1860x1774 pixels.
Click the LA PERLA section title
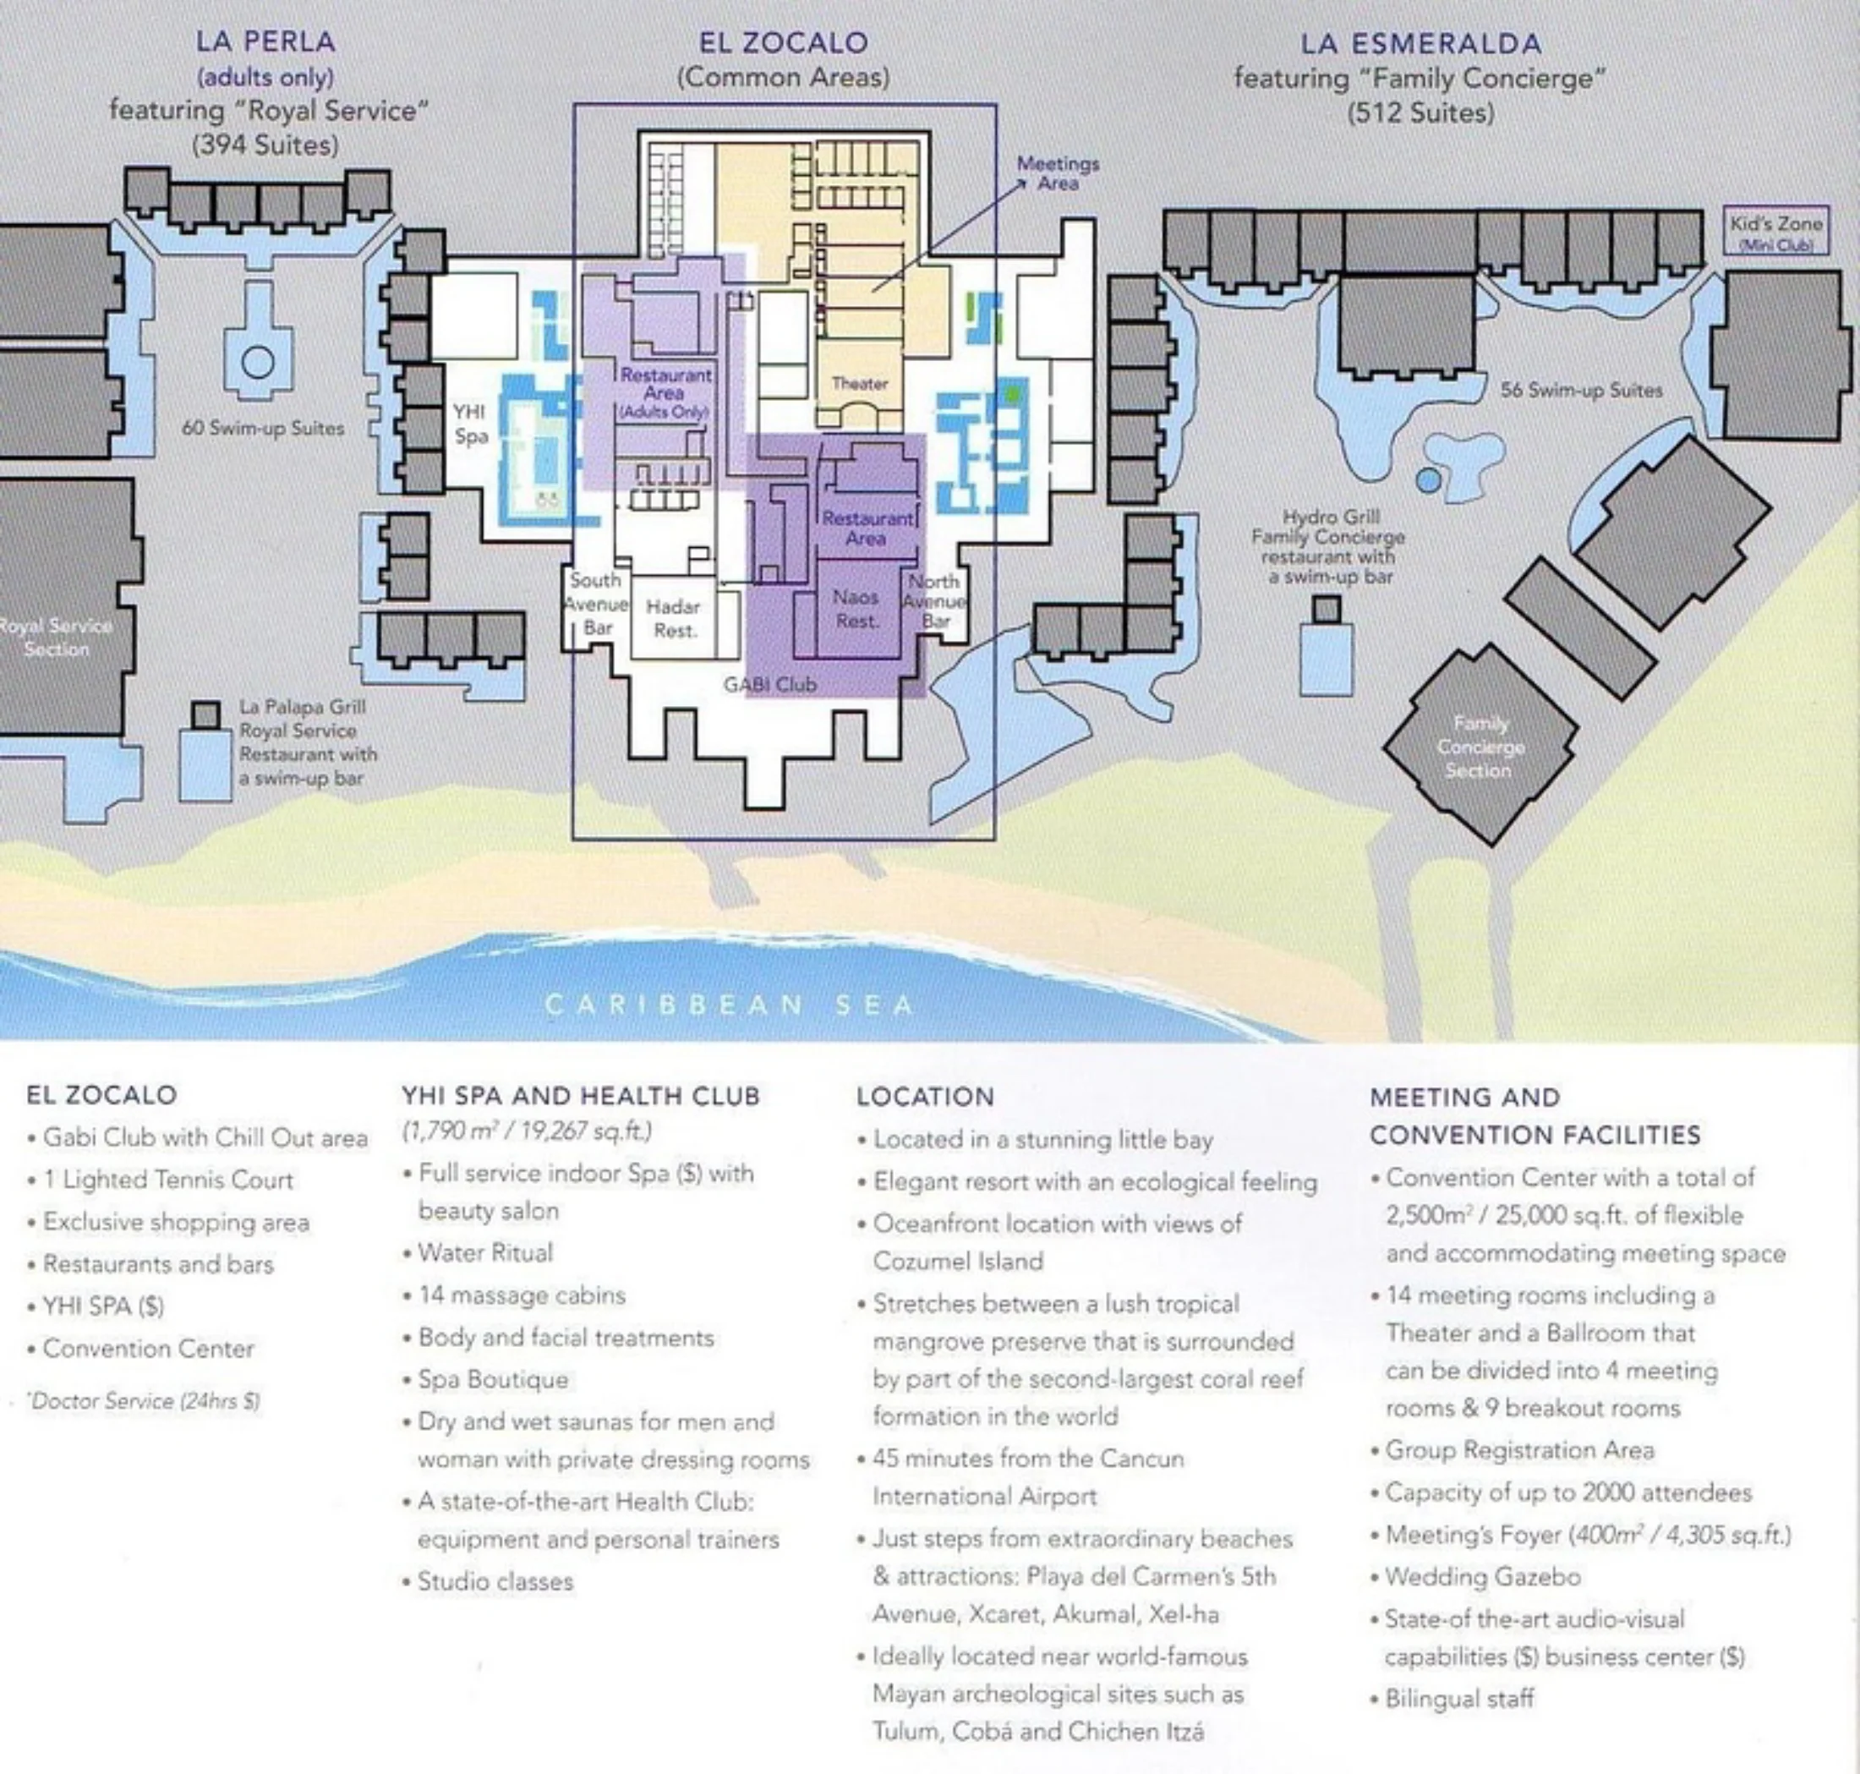(x=265, y=41)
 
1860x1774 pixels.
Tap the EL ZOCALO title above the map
(x=783, y=42)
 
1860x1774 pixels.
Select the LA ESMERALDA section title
(x=1421, y=43)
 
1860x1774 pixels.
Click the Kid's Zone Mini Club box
(x=1775, y=231)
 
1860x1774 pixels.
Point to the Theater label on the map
(x=860, y=383)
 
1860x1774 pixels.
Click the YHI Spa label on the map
(x=470, y=424)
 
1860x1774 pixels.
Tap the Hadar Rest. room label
(x=673, y=618)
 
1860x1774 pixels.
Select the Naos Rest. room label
(x=856, y=609)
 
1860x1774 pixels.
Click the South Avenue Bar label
(x=596, y=603)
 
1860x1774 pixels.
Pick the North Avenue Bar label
(x=934, y=600)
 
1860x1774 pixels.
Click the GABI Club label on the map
(x=769, y=684)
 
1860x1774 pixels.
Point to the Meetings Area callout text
(x=1059, y=173)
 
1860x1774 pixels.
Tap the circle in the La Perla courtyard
(x=257, y=361)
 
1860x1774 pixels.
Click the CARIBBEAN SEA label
(x=730, y=1005)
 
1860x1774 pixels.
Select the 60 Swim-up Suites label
(x=263, y=427)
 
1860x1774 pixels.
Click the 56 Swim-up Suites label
(x=1581, y=390)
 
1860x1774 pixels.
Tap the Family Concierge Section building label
(x=1480, y=747)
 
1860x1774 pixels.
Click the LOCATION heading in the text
(x=925, y=1096)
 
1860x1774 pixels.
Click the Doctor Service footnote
(x=143, y=1400)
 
